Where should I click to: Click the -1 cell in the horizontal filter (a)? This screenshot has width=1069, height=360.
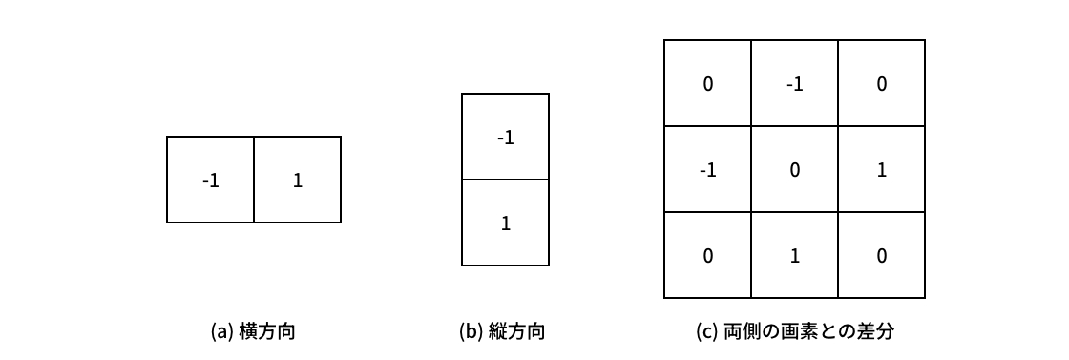(x=211, y=180)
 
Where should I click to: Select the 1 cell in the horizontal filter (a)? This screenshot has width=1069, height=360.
(x=298, y=180)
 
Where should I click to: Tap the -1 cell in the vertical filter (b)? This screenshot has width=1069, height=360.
(x=506, y=137)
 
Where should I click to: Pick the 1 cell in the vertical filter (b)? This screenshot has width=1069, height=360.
(x=506, y=223)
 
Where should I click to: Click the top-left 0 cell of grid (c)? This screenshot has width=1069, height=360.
(x=707, y=84)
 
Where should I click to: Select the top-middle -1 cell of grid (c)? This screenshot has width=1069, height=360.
(x=794, y=84)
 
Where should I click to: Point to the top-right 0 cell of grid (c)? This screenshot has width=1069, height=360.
(x=881, y=84)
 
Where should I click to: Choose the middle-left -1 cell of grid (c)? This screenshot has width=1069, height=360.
(x=707, y=170)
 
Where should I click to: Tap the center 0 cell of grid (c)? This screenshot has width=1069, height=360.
(x=794, y=170)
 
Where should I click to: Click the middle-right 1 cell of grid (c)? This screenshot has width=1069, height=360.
(x=881, y=170)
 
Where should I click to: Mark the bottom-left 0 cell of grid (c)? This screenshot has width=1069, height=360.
(x=707, y=256)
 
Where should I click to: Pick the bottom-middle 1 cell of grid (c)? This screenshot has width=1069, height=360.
(x=794, y=256)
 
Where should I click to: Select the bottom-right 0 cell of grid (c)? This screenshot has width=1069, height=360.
(x=881, y=256)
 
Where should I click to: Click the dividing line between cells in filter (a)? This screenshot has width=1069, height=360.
(x=254, y=180)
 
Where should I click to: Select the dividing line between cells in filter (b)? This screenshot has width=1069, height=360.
(x=506, y=180)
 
